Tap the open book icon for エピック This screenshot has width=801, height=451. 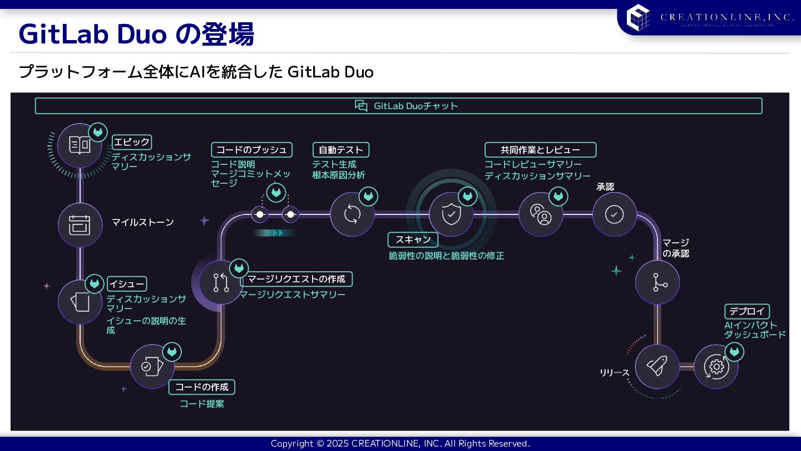80,145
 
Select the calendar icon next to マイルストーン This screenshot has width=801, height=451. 80,225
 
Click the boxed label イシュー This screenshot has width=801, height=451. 127,284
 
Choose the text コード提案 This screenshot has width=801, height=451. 202,404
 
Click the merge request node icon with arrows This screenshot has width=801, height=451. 221,282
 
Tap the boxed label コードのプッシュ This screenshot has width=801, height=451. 251,150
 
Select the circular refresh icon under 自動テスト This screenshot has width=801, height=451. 352,214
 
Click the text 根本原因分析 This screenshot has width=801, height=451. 339,175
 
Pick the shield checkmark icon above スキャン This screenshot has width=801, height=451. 451,214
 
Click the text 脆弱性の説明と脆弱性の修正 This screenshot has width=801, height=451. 446,256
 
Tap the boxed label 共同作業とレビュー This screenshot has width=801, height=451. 540,150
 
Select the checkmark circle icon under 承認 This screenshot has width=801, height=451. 614,214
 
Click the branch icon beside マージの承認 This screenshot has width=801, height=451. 657,282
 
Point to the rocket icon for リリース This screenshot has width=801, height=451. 657,366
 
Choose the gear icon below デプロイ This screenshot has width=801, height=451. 716,366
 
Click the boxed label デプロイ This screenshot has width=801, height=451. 746,311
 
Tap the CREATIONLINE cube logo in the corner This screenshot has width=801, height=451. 638,17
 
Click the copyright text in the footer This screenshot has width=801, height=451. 400,444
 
